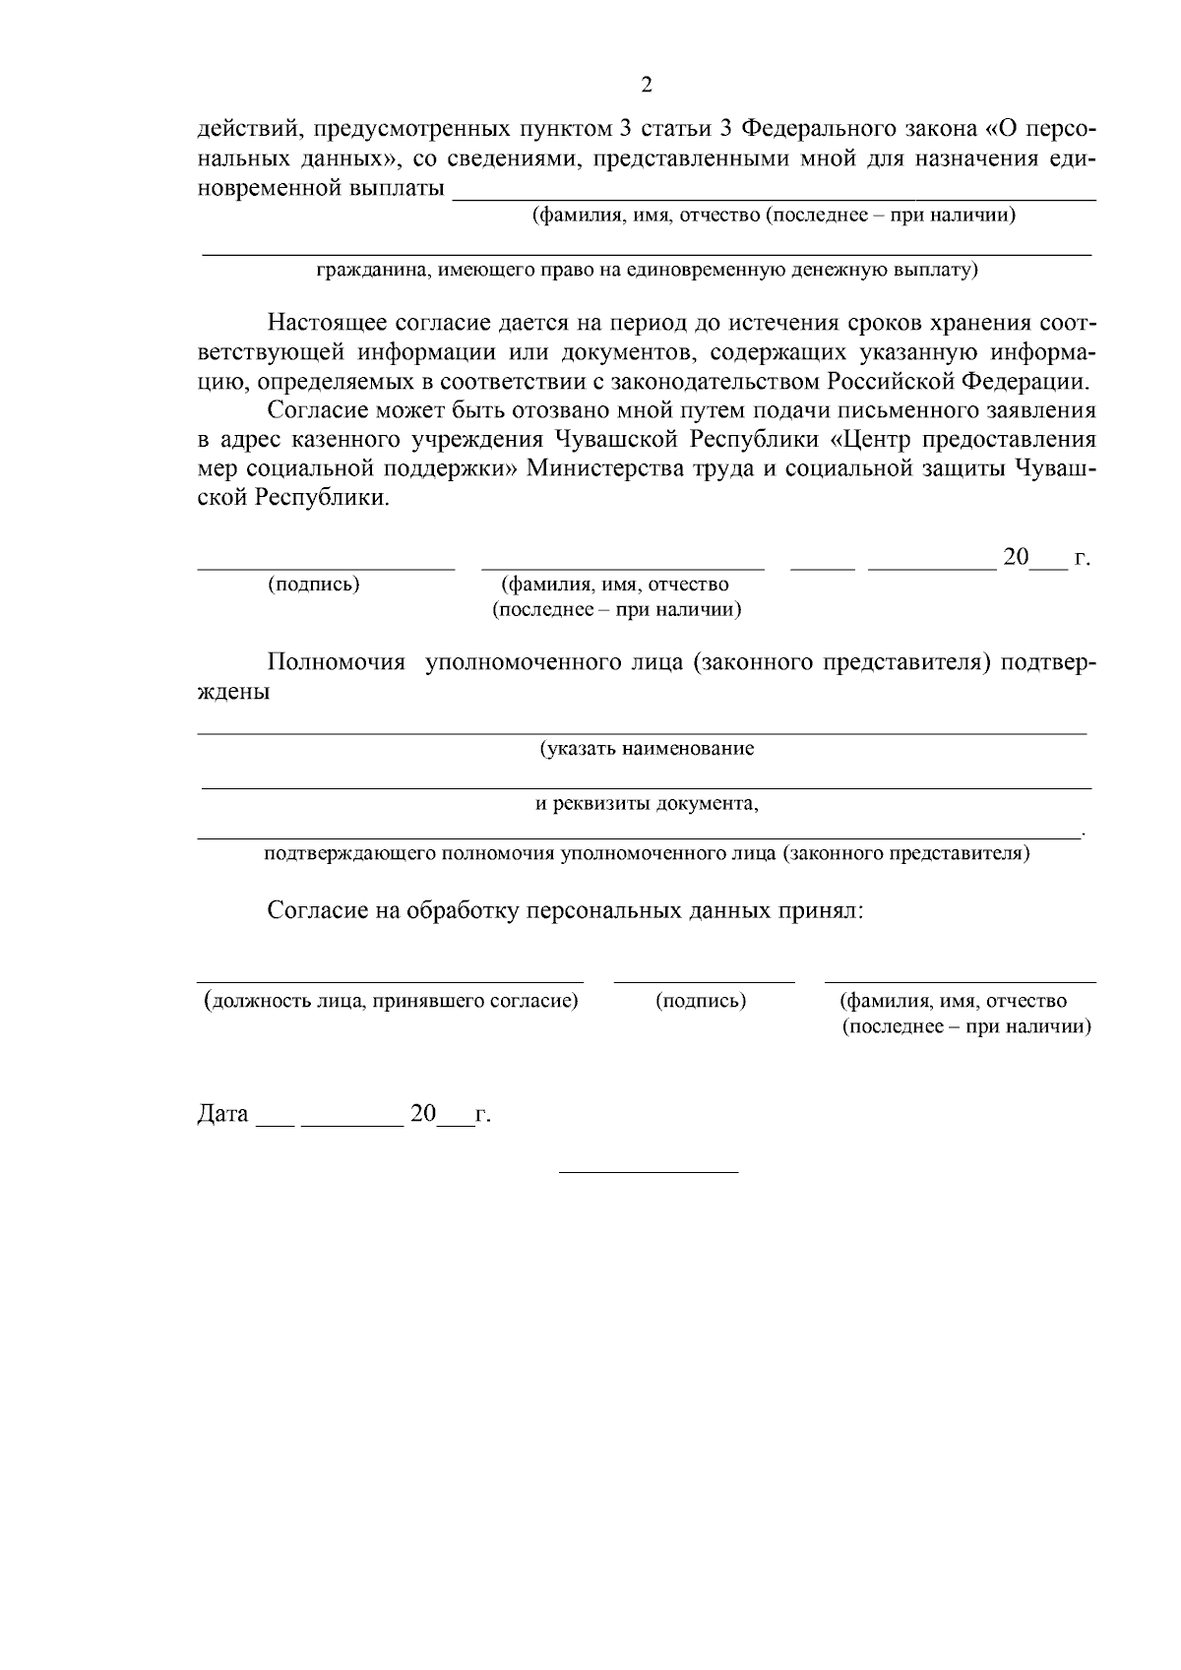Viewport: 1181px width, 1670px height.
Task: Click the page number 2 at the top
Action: (647, 85)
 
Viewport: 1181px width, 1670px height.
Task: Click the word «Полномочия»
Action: (336, 662)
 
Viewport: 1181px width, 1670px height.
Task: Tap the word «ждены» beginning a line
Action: (234, 692)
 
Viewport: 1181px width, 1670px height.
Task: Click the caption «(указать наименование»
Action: (647, 749)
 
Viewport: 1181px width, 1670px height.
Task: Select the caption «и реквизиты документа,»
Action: (647, 804)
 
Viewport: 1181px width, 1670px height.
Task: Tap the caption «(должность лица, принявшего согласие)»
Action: (391, 1002)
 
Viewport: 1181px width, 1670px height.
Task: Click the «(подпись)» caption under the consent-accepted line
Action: (701, 1002)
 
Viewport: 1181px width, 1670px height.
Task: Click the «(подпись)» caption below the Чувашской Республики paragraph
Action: (314, 585)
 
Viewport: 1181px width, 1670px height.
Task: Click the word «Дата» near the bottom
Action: (222, 1115)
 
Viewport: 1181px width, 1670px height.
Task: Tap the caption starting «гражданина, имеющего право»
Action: (647, 271)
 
